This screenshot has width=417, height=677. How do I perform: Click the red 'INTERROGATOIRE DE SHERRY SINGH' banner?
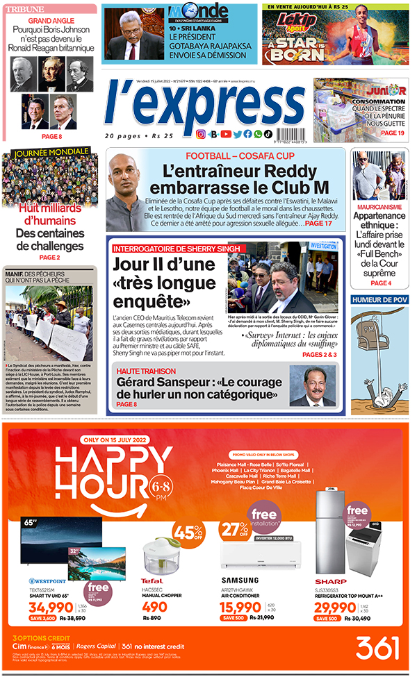point(176,248)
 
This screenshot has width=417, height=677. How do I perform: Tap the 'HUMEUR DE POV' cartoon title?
point(379,299)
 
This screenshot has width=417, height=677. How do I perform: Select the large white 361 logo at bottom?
point(379,648)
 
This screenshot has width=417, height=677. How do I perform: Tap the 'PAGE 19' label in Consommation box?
point(392,133)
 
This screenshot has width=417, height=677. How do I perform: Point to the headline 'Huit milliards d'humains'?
point(47,214)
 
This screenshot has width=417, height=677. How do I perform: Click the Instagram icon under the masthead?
point(200,134)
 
